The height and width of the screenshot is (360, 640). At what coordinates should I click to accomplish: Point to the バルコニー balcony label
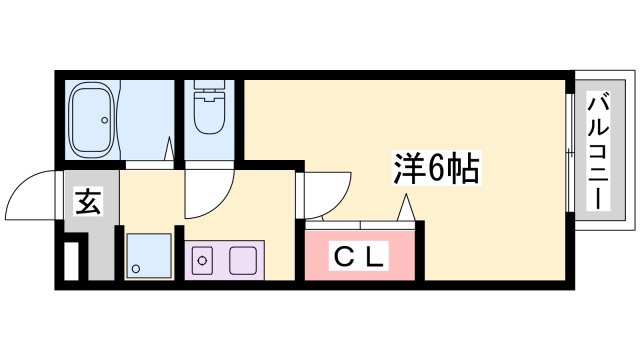[x=599, y=152]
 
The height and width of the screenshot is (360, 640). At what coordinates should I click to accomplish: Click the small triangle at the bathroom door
[x=171, y=151]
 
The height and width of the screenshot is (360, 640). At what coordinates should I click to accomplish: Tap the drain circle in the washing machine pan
[x=136, y=268]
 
